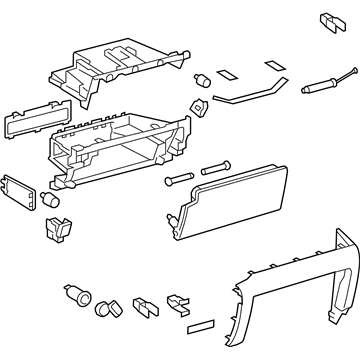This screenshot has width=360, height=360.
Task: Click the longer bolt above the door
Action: coord(220,168)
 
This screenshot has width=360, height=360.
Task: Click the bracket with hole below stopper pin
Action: coord(197,107)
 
